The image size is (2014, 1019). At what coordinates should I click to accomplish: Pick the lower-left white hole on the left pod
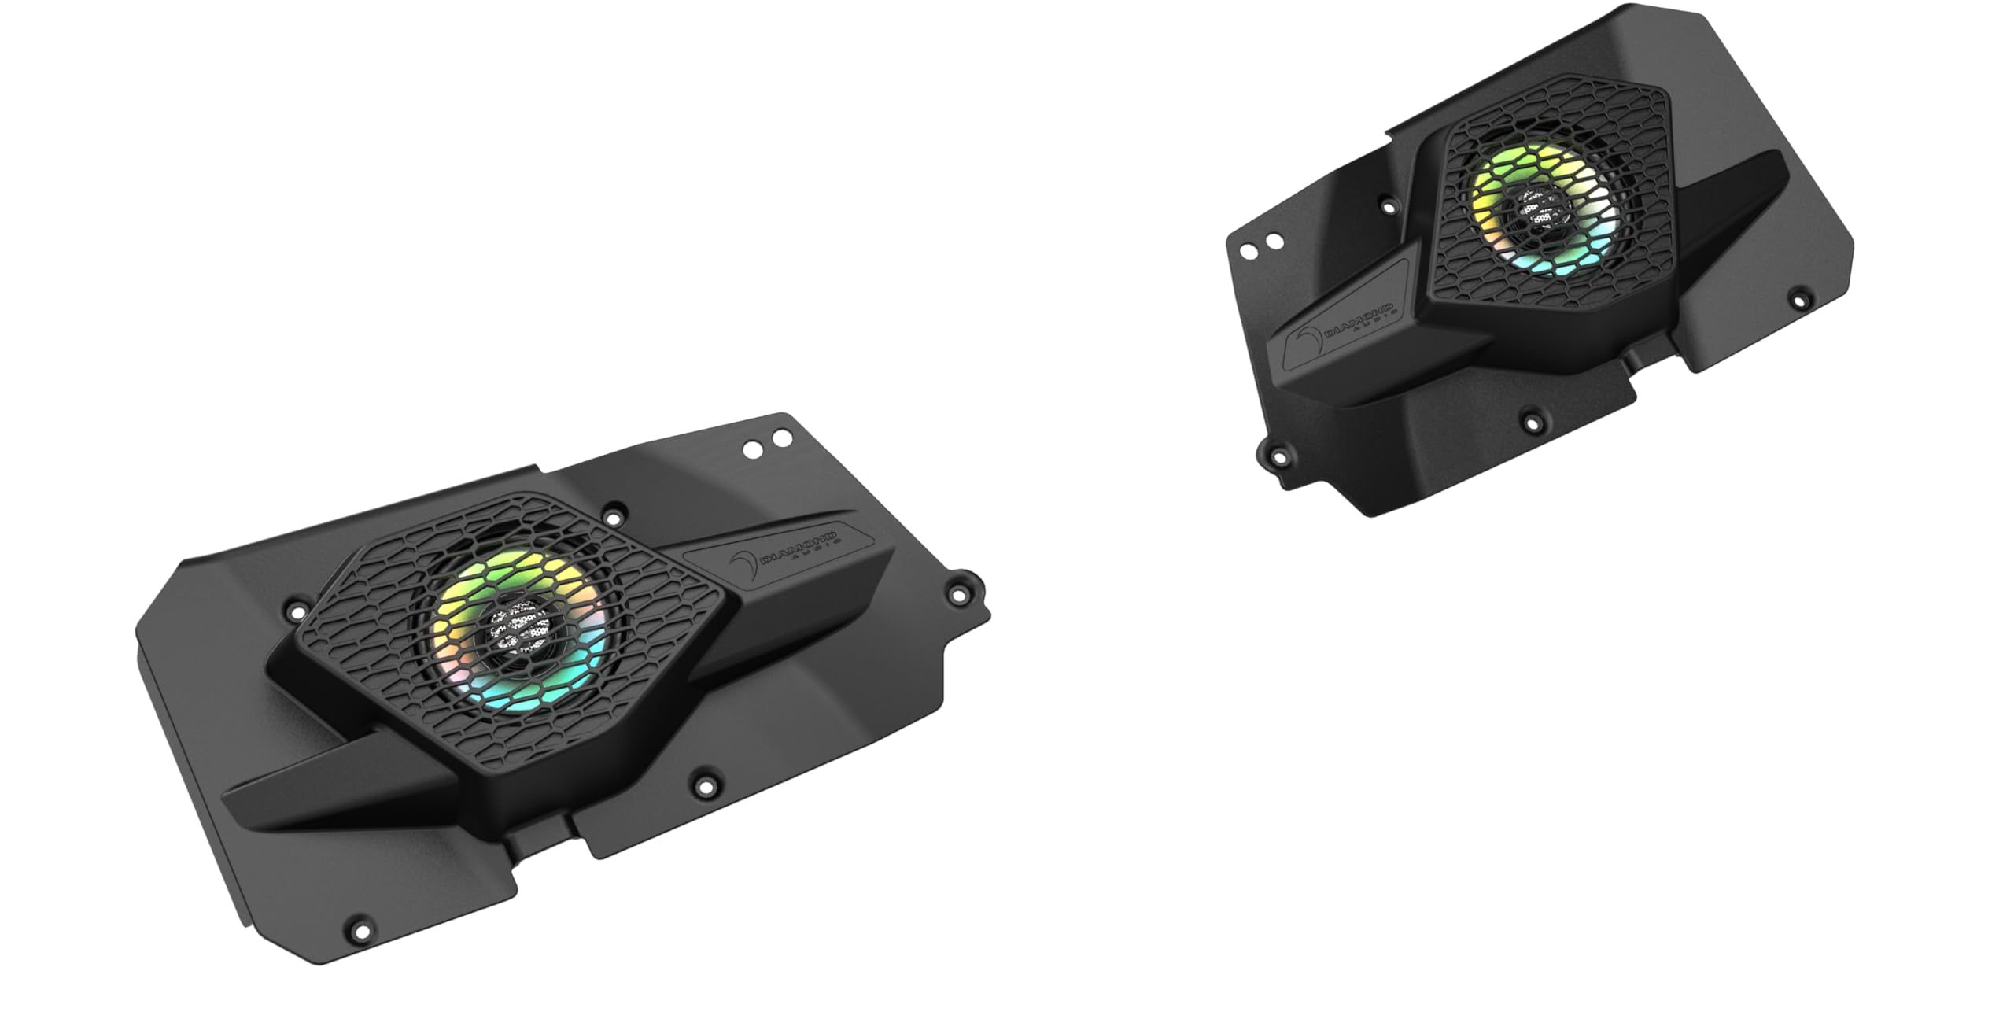tap(754, 449)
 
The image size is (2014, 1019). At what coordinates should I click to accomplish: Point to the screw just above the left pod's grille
tap(611, 519)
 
